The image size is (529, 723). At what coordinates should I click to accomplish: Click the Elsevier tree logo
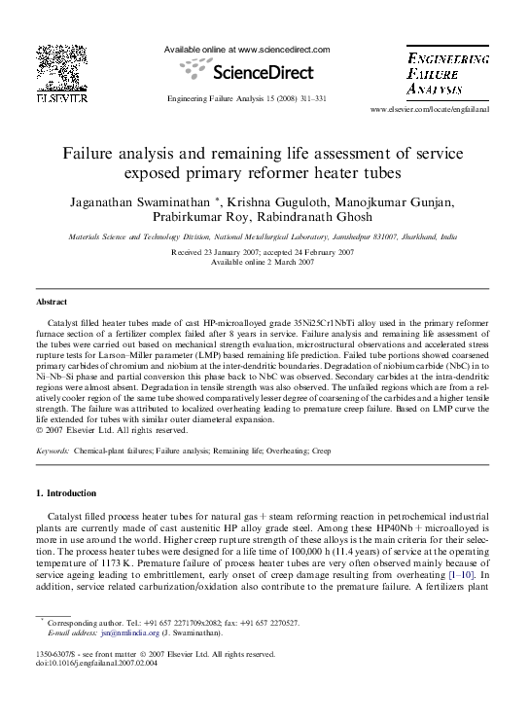pyautogui.click(x=56, y=69)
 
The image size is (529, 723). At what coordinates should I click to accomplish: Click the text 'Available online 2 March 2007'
pyautogui.click(x=264, y=261)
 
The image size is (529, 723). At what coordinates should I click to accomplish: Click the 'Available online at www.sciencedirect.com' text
pyautogui.click(x=247, y=50)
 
